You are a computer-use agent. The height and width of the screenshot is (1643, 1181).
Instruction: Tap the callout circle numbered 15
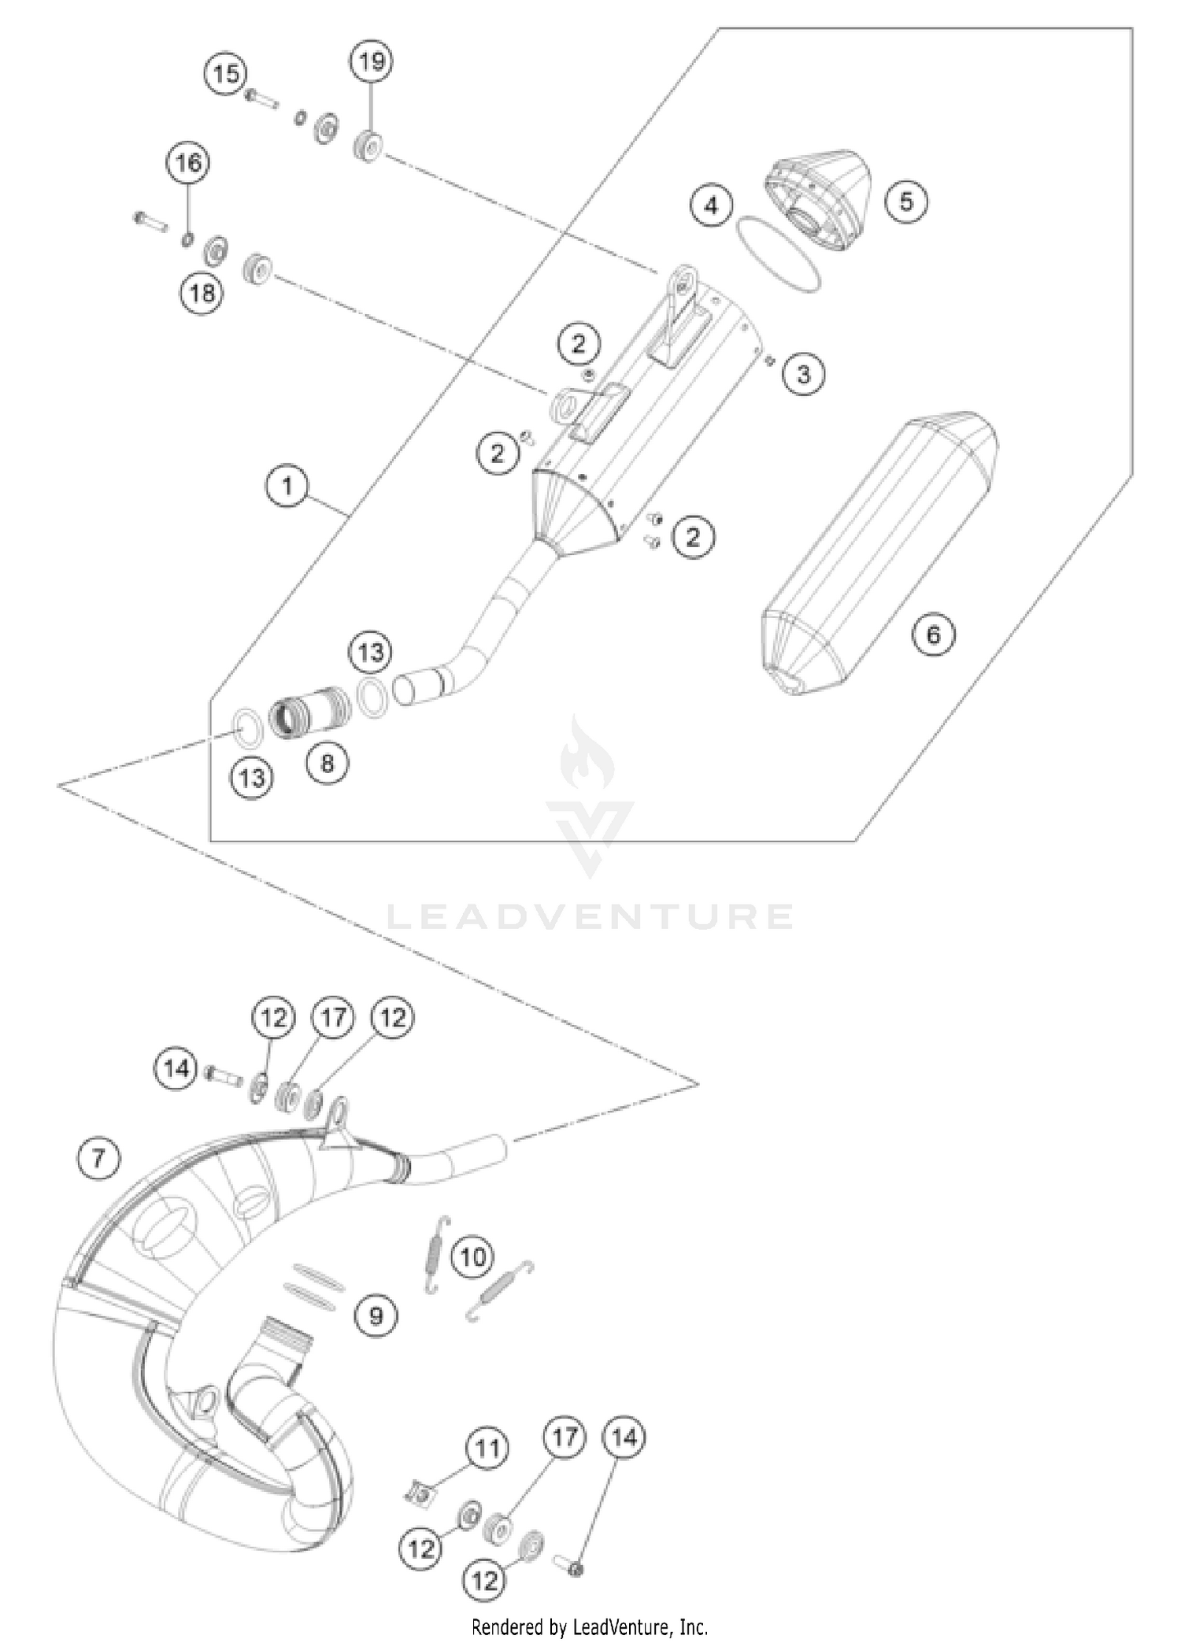pyautogui.click(x=226, y=75)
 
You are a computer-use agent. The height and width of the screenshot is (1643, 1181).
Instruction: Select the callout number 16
pyautogui.click(x=188, y=163)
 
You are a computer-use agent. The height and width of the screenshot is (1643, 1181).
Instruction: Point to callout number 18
pyautogui.click(x=202, y=294)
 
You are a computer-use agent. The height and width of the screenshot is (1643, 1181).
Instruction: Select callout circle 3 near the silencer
pyautogui.click(x=803, y=373)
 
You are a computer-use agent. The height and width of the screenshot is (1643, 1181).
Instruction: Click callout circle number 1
pyautogui.click(x=287, y=486)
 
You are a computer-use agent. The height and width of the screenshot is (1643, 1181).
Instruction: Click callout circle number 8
pyautogui.click(x=328, y=762)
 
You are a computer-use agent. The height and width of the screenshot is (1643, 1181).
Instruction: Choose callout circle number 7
pyautogui.click(x=99, y=1158)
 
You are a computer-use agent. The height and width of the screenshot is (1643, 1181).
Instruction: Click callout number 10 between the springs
pyautogui.click(x=472, y=1256)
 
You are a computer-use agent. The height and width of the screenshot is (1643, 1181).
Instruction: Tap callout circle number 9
pyautogui.click(x=376, y=1315)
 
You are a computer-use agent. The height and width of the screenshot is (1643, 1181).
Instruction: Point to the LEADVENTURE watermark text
pyautogui.click(x=590, y=916)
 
